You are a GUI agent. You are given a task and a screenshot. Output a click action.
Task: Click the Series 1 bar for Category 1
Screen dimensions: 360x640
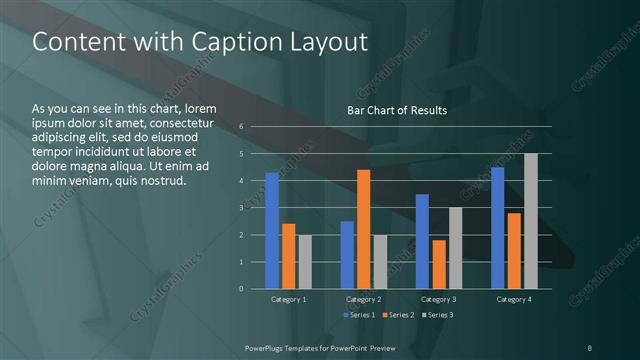tap(272, 231)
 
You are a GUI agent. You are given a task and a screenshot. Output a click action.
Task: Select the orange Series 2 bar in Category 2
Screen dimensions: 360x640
tap(363, 229)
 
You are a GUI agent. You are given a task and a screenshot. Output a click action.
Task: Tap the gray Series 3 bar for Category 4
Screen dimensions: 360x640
tap(530, 221)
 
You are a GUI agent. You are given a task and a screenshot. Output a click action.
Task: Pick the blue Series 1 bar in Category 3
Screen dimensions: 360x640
tap(422, 241)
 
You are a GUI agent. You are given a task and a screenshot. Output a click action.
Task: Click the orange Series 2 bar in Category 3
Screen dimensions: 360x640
tap(438, 264)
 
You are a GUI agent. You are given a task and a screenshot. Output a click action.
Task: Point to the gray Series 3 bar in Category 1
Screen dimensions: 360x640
tap(305, 262)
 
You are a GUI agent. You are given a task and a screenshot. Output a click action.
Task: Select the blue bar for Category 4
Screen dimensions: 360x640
tap(497, 228)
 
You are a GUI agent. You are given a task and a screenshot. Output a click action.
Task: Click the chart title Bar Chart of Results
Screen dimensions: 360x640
tap(397, 110)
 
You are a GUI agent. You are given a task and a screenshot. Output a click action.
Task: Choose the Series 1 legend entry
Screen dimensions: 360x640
tap(359, 315)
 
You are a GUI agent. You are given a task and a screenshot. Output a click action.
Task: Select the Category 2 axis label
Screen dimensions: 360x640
tap(363, 299)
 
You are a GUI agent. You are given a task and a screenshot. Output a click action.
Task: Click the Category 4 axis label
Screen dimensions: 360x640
tap(513, 299)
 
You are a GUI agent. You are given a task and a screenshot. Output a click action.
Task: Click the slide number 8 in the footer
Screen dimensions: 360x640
tap(589, 347)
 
